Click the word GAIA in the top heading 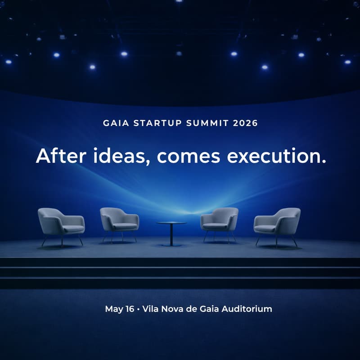(x=115, y=123)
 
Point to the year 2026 (x=246, y=123)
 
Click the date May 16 (x=119, y=309)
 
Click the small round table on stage (x=171, y=224)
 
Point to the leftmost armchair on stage (x=61, y=223)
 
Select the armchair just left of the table (x=119, y=221)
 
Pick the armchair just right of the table (x=220, y=221)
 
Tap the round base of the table (x=171, y=244)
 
